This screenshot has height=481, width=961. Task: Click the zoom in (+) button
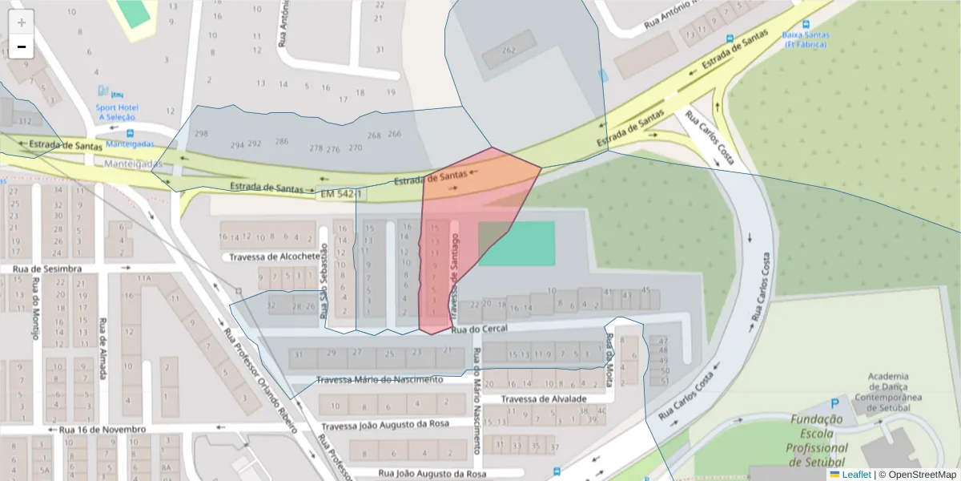(x=21, y=22)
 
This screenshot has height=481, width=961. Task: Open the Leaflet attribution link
(x=855, y=475)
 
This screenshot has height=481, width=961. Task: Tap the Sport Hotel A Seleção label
(x=118, y=111)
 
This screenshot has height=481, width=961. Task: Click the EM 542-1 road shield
(x=341, y=194)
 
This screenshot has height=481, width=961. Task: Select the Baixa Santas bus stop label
(x=806, y=39)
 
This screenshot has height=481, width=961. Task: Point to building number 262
(x=509, y=50)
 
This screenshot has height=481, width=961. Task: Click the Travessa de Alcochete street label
(x=275, y=257)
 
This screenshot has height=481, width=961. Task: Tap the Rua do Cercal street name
(x=480, y=329)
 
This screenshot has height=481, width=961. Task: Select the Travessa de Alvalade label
(x=544, y=398)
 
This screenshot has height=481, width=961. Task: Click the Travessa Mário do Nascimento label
(x=380, y=379)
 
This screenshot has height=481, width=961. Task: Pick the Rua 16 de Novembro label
(x=103, y=430)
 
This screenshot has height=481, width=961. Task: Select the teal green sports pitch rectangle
(x=517, y=243)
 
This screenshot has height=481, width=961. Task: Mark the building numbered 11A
(x=144, y=278)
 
